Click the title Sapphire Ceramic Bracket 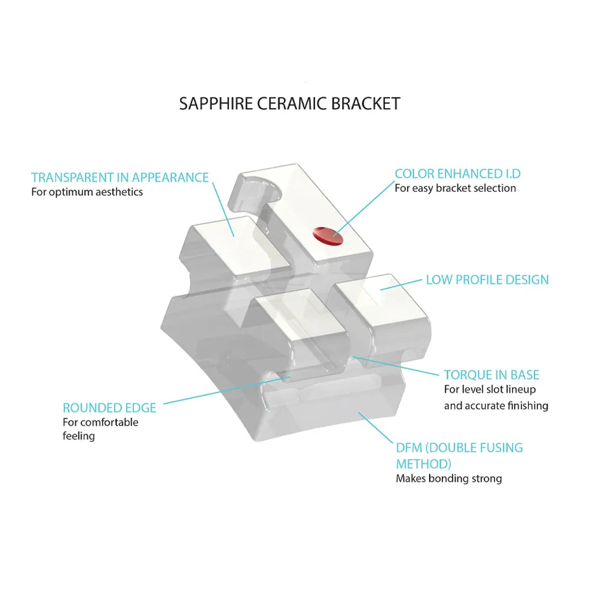point(290,103)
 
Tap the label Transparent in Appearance point(120,177)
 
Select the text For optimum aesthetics point(87,192)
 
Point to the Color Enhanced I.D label point(457,173)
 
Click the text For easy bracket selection point(455,188)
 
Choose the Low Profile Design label point(487,279)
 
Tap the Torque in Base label point(491,375)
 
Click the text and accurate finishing point(496,405)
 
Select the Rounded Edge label point(109,408)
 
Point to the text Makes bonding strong point(448,478)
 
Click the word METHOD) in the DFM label point(424,463)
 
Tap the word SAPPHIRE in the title point(216,103)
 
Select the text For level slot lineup point(490,390)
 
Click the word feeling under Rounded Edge point(78,436)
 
